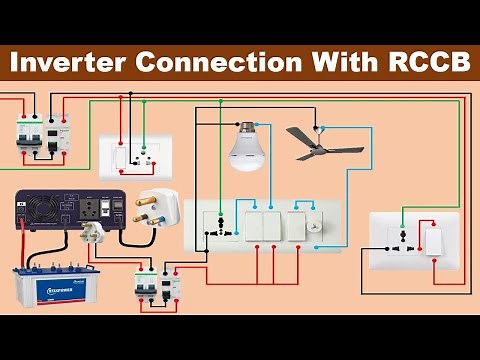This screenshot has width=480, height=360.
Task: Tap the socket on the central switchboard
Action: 213,225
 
